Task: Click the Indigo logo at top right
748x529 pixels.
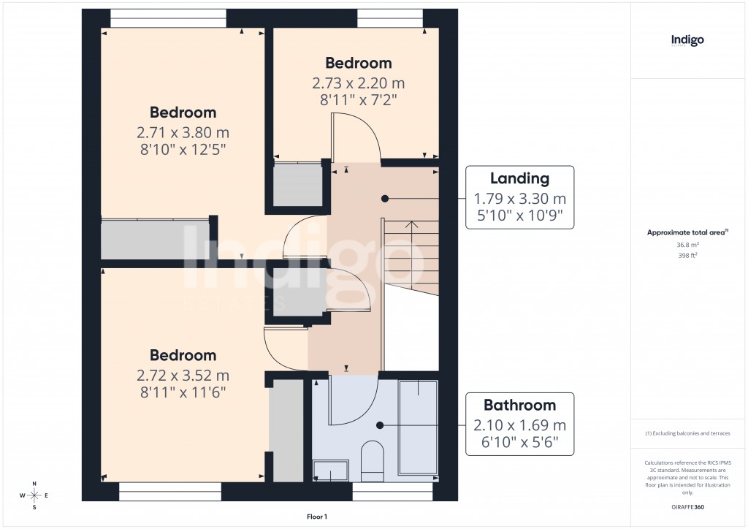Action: (x=687, y=40)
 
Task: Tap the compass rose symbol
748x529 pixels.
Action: (x=34, y=495)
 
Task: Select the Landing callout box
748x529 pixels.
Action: (x=519, y=198)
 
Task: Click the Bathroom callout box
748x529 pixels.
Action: (x=519, y=425)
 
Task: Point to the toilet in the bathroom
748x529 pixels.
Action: (x=372, y=461)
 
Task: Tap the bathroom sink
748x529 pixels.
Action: (x=330, y=472)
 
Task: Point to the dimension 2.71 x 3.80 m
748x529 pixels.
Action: (x=183, y=133)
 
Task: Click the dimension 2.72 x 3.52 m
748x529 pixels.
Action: (x=183, y=376)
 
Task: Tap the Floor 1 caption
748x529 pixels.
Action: (x=317, y=517)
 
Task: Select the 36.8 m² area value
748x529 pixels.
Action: (x=687, y=246)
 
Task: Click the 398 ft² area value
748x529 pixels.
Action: (x=687, y=256)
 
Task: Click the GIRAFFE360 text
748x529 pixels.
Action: (x=687, y=506)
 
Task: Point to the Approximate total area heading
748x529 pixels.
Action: (x=687, y=232)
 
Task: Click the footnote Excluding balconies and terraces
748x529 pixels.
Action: (x=687, y=433)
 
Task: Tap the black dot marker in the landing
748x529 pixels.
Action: (x=384, y=198)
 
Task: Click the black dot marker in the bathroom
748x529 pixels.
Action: (x=380, y=425)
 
